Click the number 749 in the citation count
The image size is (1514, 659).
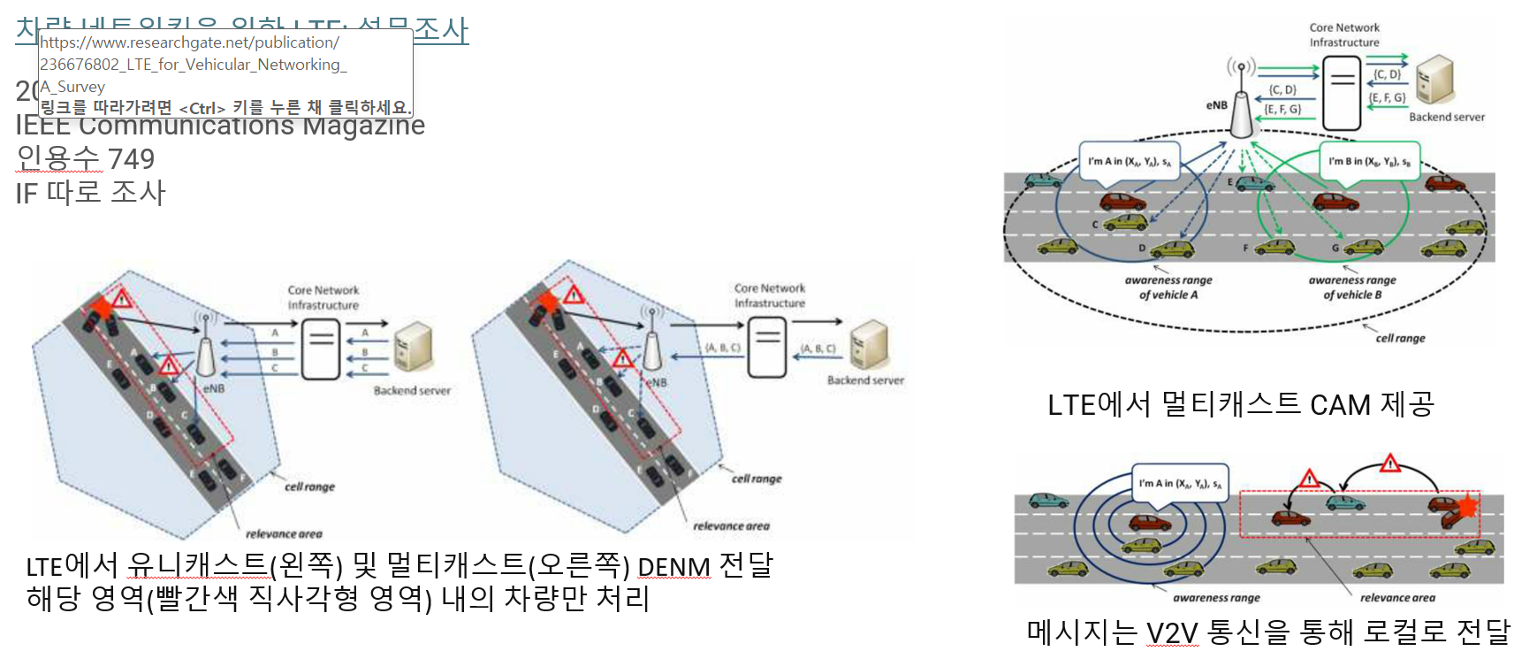point(131,159)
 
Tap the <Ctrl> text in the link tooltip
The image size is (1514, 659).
point(202,108)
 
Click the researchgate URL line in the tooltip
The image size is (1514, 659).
point(189,42)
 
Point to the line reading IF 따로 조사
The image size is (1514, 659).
point(90,193)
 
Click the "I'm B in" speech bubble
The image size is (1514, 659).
point(1369,162)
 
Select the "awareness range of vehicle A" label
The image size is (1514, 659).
point(1168,287)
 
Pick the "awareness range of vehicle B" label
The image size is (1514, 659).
point(1352,287)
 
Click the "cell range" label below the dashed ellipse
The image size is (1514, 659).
point(1400,338)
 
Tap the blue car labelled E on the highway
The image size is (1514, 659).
point(1255,184)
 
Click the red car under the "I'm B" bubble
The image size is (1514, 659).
point(1335,202)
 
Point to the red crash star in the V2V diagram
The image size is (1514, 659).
point(1467,506)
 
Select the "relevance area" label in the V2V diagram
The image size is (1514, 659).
point(1397,598)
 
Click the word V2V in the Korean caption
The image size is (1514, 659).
point(1172,633)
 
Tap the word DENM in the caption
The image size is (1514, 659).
point(673,566)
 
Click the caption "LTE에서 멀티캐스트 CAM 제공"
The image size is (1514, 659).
point(1240,405)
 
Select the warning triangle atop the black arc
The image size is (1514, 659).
point(1390,464)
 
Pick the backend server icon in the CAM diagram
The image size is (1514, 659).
point(1434,80)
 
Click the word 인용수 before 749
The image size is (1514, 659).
point(58,159)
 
